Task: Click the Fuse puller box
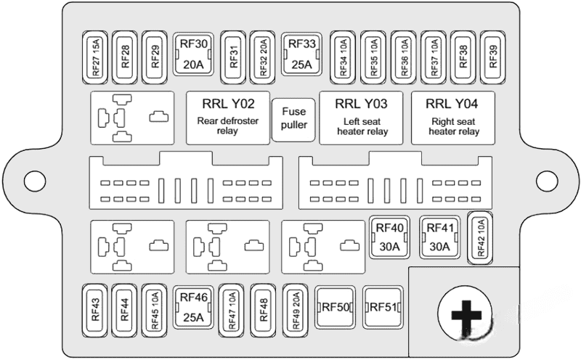pyautogui.click(x=293, y=119)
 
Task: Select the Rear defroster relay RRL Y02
pyautogui.click(x=228, y=116)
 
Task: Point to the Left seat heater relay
pyautogui.click(x=362, y=116)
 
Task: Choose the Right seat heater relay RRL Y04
pyautogui.click(x=453, y=116)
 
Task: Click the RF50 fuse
pyautogui.click(x=336, y=307)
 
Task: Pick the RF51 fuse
pyautogui.click(x=383, y=307)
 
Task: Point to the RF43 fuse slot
pyautogui.click(x=96, y=308)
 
